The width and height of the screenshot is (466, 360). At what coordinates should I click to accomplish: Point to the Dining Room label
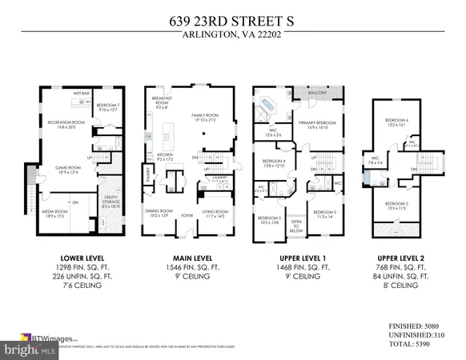160,214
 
